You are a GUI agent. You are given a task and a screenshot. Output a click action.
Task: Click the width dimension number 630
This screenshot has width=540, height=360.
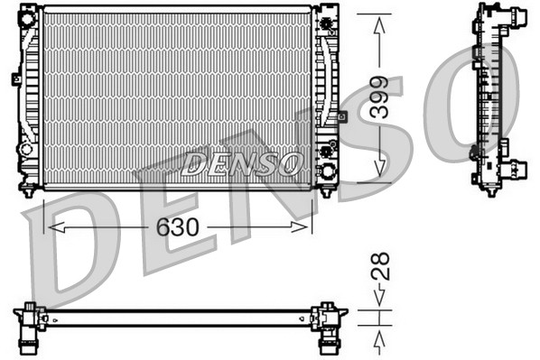click(177, 226)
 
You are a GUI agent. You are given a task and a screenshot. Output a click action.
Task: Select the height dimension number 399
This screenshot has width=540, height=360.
click(379, 98)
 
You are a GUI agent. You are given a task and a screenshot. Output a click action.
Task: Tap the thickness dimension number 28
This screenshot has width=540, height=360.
click(381, 265)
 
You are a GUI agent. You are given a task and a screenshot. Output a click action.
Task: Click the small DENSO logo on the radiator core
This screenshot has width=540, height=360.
click(241, 162)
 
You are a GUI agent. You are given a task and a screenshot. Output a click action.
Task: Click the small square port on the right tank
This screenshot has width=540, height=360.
click(342, 116)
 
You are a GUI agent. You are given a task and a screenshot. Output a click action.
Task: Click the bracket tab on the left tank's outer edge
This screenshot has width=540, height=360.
click(15, 78)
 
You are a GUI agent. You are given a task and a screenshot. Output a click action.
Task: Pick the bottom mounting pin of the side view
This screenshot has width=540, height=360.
click(490, 190)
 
